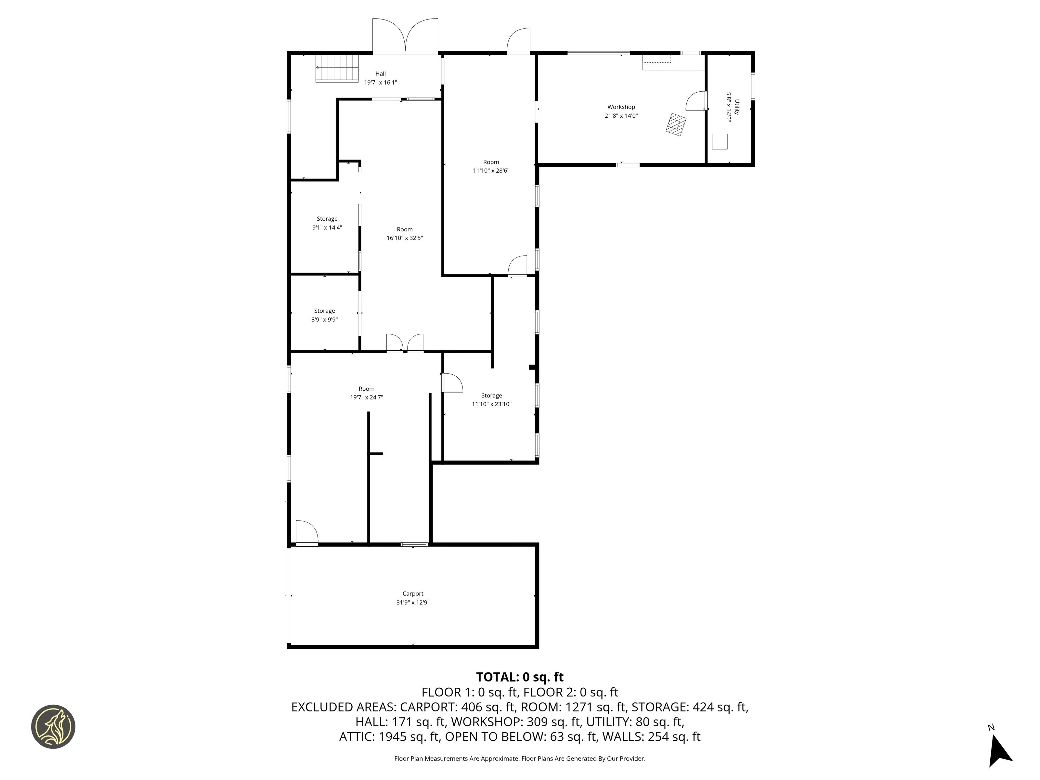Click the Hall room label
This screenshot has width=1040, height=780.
(380, 74)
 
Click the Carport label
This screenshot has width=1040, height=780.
(413, 594)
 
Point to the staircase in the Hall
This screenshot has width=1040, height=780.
(337, 69)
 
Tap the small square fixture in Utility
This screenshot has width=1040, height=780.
(720, 141)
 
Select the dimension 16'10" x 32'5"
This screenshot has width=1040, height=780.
(405, 238)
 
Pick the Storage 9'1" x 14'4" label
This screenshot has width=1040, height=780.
(327, 223)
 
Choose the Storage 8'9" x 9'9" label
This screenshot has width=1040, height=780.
(324, 315)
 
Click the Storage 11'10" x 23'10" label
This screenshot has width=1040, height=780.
(492, 400)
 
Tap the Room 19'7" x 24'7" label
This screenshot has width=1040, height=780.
(367, 393)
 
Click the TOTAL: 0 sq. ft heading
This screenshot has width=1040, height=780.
(520, 677)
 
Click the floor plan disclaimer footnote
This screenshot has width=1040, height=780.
(520, 758)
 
